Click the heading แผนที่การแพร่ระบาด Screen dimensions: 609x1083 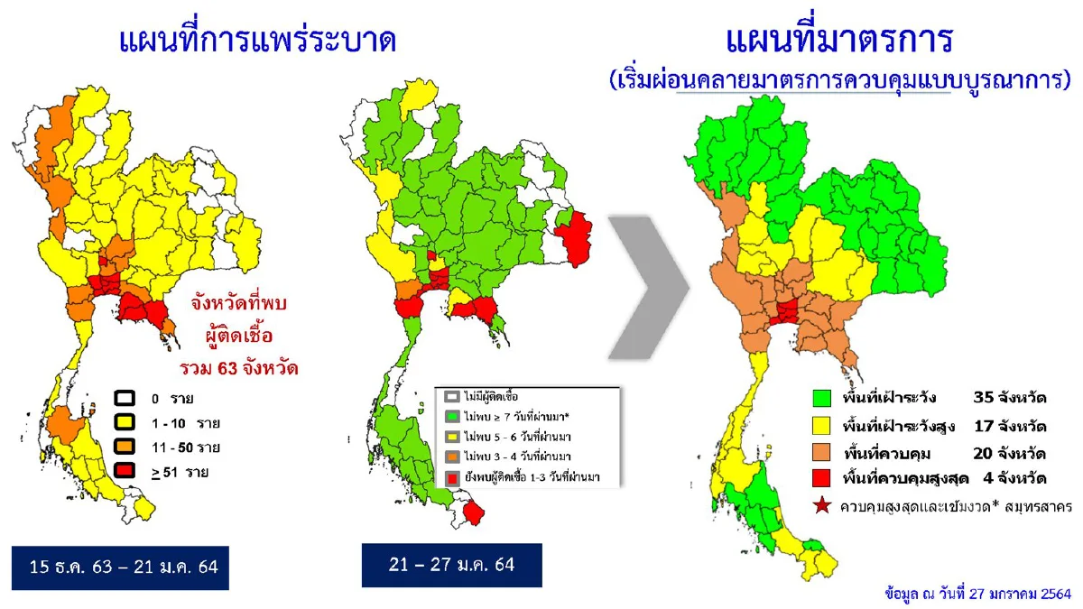pos(258,42)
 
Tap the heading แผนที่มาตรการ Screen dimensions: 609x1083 pos(839,40)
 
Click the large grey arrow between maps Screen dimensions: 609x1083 pos(648,286)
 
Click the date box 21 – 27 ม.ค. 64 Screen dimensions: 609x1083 pos(450,565)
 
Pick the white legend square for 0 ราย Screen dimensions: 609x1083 pos(125,398)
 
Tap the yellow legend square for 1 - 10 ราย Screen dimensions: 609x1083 pos(125,421)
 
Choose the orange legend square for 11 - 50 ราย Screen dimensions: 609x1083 pos(125,446)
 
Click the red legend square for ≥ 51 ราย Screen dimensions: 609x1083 pos(125,470)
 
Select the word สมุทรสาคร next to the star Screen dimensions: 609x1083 pos(1037,506)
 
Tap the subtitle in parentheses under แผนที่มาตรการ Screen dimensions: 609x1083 pos(839,79)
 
